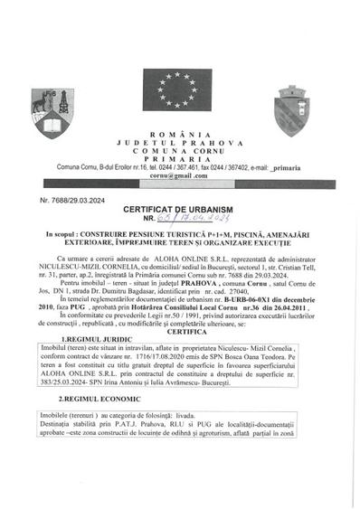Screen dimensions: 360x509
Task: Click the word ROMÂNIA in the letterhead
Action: click(x=179, y=134)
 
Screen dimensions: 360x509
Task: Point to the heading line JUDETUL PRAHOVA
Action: click(x=179, y=143)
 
